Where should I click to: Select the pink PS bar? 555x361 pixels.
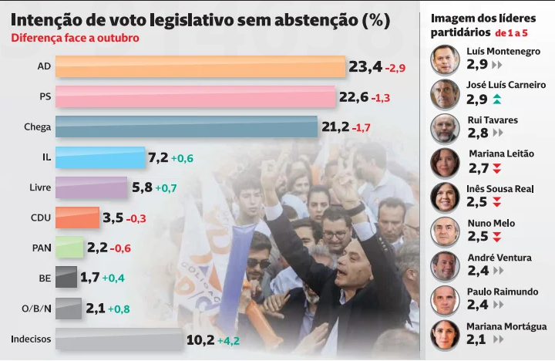[x=197, y=97]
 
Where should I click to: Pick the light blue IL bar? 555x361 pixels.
[x=101, y=157]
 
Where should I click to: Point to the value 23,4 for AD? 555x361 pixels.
[x=365, y=67]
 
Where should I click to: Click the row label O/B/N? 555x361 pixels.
[x=36, y=309]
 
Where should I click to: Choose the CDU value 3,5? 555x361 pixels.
[x=113, y=218]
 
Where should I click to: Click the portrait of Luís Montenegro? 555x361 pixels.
[x=445, y=59]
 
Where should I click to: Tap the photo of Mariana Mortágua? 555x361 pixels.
[x=445, y=335]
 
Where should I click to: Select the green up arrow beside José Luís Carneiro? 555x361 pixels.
[x=497, y=99]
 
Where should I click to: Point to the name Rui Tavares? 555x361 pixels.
[x=493, y=120]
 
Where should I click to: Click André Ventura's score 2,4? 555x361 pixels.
[x=477, y=271]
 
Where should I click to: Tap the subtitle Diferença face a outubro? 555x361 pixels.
[x=75, y=38]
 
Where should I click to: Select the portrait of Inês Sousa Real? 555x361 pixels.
[x=445, y=197]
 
